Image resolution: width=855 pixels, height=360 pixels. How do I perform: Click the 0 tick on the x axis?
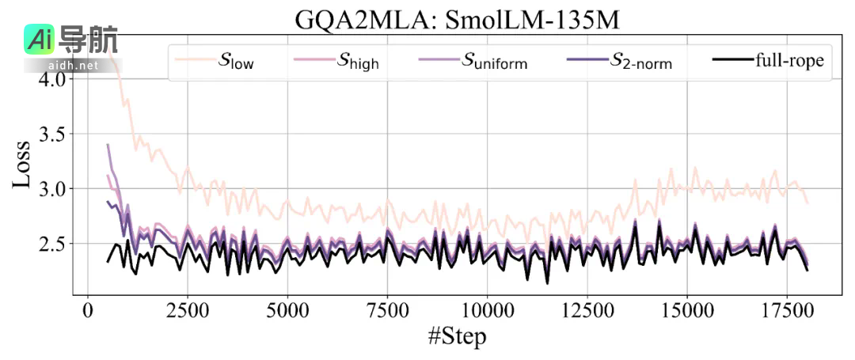pos(87,309)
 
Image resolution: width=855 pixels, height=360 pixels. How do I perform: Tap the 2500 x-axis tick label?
pos(187,309)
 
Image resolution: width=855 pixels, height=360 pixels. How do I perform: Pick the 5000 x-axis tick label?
pos(287,309)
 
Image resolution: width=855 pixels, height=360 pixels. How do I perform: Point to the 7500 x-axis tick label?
pos(386,309)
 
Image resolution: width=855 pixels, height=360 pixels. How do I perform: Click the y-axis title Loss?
pos(22,164)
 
